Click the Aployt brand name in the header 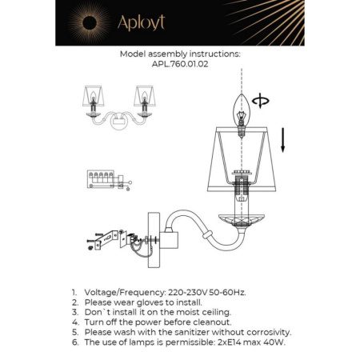tap(142, 22)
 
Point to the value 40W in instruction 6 tap(274, 341)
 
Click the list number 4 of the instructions tap(74, 322)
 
